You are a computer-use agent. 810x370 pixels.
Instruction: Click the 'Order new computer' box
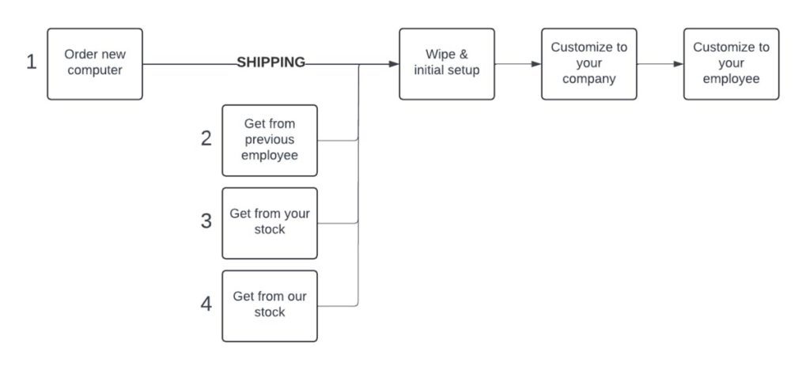click(95, 64)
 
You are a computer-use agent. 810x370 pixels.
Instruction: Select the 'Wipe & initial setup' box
click(447, 64)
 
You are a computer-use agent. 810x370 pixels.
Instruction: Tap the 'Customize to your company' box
click(589, 64)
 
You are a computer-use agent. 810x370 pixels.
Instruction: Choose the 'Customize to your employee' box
click(732, 64)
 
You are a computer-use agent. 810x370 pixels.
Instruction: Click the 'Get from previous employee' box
click(270, 140)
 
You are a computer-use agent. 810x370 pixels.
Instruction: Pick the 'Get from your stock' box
click(270, 223)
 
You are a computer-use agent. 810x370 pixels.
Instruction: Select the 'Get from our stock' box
click(270, 306)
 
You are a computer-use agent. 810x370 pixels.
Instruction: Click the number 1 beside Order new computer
click(32, 62)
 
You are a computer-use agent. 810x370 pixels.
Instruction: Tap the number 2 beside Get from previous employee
click(206, 138)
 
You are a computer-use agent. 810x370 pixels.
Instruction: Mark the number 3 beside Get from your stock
click(206, 221)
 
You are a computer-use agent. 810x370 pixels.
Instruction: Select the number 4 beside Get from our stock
click(206, 304)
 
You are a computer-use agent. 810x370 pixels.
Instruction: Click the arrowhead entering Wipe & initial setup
click(394, 64)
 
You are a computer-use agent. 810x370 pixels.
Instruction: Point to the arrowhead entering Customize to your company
click(536, 64)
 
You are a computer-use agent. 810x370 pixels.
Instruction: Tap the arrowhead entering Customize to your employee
click(679, 64)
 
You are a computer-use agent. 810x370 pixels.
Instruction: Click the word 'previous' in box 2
click(270, 140)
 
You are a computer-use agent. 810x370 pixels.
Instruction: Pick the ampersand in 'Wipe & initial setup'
click(463, 55)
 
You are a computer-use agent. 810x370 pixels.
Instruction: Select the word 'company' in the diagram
click(589, 79)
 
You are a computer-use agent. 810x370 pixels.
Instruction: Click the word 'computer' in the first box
click(95, 70)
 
